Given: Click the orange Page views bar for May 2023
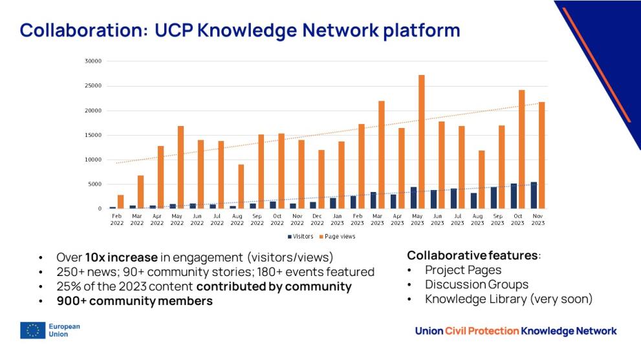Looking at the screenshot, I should pos(422,142).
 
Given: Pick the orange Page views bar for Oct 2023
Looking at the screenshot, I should pos(521,149).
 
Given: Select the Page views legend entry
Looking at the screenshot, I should pos(339,237).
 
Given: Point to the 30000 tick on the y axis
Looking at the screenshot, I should pos(93,61).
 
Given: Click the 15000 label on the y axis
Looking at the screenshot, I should pos(93,135).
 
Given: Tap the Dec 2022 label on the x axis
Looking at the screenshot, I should pos(317,220).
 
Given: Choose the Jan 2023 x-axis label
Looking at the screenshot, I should pos(337,220).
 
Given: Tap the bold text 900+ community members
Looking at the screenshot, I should pos(135,301).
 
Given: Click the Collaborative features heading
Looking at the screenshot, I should pos(472,255).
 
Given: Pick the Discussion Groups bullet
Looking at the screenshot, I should pos(476,284).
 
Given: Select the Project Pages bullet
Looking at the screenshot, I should pos(463,270).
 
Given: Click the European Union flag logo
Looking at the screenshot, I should pos(30,330).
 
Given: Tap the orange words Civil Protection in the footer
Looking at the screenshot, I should pos(482,331).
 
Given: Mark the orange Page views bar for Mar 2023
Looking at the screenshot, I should pos(382,154).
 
